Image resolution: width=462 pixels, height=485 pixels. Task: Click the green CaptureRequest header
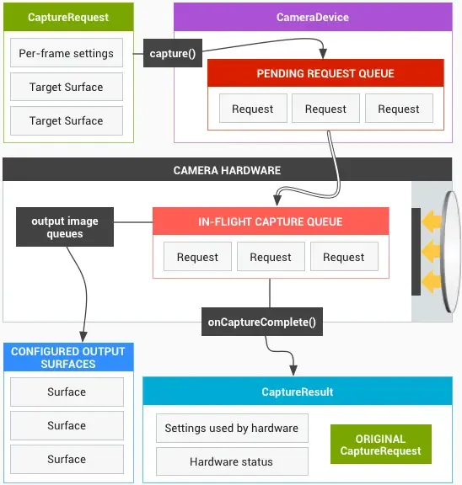(x=67, y=17)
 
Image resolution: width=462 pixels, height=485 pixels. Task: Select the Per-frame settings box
(x=67, y=53)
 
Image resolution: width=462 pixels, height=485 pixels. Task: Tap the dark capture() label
(x=172, y=54)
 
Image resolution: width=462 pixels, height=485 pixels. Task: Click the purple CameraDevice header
(x=313, y=17)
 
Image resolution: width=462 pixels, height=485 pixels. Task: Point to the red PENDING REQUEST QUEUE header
(x=325, y=74)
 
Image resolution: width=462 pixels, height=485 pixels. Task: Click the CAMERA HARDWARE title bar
(x=228, y=170)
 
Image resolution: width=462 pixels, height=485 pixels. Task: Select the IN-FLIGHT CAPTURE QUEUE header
(x=271, y=222)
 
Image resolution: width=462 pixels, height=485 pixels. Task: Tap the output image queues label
(x=65, y=227)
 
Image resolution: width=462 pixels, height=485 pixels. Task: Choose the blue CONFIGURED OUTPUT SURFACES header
(x=67, y=358)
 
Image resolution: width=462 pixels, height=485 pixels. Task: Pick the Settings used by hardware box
(x=231, y=429)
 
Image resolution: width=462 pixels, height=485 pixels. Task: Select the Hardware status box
(x=231, y=461)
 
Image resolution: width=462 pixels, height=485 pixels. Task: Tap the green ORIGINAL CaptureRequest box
(x=380, y=445)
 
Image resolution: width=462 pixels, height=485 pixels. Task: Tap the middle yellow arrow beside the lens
(x=432, y=250)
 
